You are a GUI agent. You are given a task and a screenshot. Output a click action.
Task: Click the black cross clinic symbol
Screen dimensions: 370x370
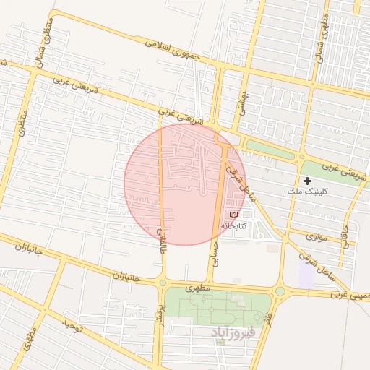click(308, 181)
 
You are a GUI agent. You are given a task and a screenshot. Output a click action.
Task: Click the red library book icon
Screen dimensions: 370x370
click(233, 215)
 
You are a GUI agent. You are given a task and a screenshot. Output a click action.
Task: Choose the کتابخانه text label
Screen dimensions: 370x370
click(233, 225)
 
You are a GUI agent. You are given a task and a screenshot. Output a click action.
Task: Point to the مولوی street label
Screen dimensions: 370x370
click(317, 236)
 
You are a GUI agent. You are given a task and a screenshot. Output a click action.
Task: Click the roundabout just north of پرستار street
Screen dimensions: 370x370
click(162, 283)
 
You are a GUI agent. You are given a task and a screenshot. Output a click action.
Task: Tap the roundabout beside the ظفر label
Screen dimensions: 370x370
click(280, 291)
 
